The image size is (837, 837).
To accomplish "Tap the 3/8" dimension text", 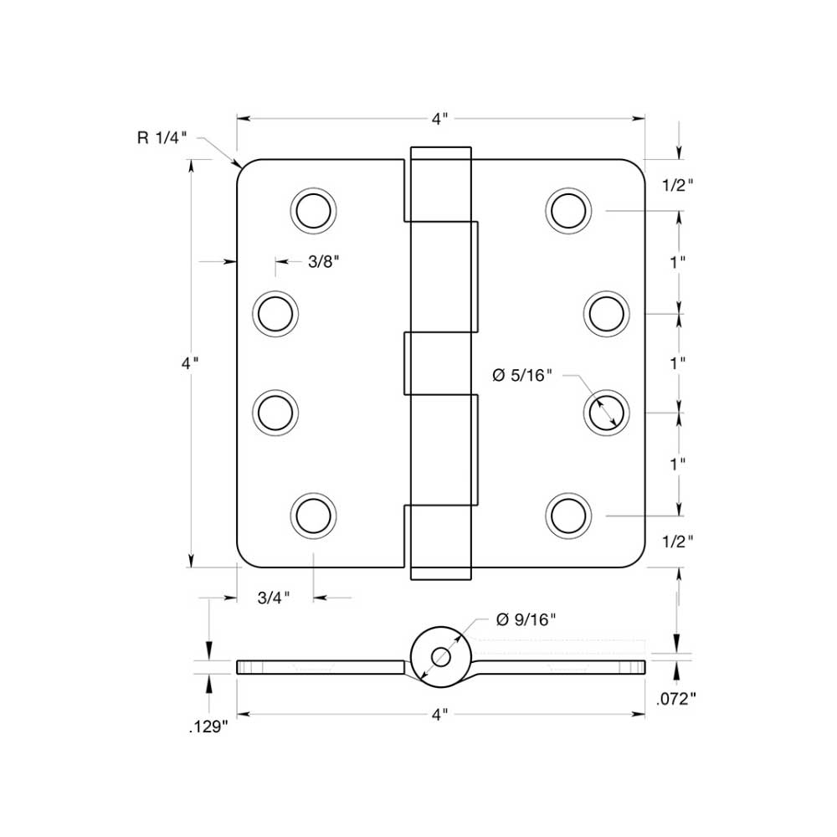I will [x=323, y=262].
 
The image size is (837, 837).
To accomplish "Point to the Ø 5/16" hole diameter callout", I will [x=524, y=376].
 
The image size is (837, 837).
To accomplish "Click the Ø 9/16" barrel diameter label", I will [x=526, y=620].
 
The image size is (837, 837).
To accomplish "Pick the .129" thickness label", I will [x=208, y=727].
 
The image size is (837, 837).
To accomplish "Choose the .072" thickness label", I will [x=677, y=699].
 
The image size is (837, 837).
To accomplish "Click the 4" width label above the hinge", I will [x=440, y=119].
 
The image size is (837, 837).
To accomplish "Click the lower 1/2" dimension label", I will [x=677, y=542].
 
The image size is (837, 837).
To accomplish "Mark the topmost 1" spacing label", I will [x=677, y=261].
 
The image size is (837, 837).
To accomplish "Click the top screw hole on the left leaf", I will [x=315, y=208].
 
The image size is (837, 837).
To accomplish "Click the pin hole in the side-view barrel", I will [x=440, y=656].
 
